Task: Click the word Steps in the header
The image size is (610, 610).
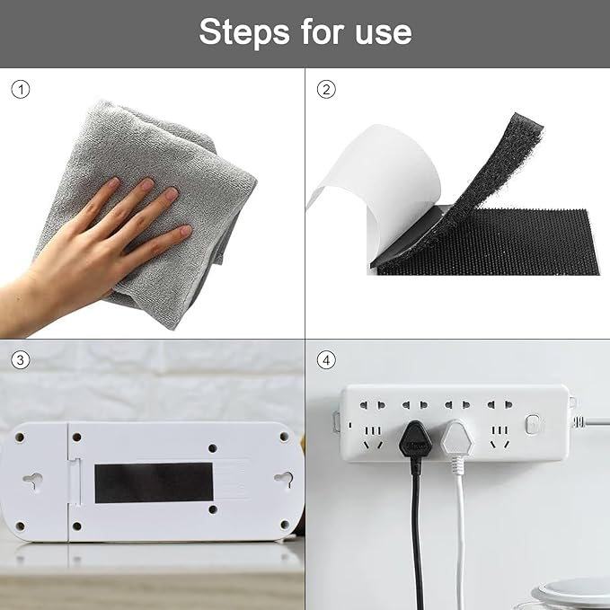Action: [244, 32]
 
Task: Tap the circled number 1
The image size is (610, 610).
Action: [21, 89]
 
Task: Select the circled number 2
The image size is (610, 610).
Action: [326, 89]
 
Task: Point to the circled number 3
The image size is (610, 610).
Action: [21, 360]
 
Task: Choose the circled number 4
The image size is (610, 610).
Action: [326, 360]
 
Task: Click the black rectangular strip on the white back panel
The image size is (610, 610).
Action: [154, 482]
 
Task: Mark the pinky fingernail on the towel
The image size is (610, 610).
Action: [186, 231]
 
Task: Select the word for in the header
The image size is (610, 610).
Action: [323, 32]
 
